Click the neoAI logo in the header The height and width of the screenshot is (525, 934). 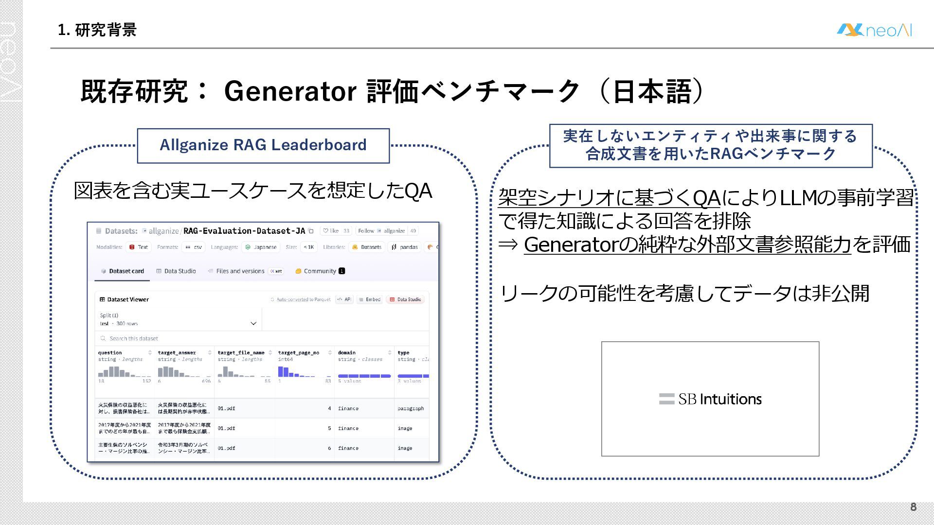point(874,30)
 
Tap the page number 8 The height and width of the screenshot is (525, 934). point(913,507)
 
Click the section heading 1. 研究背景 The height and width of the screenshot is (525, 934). point(97,30)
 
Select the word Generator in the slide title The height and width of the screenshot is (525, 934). point(290,91)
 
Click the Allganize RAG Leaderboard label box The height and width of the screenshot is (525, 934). point(263,145)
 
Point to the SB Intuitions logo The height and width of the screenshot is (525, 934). point(710,399)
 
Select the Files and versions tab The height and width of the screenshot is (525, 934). point(240,271)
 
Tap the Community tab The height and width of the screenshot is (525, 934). point(320,271)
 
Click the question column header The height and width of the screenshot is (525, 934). point(110,353)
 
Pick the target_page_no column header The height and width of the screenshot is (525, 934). point(299,353)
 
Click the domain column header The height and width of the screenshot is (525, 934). point(347,353)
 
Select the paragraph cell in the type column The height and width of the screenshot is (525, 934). point(411,409)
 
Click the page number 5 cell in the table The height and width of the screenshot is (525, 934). point(329,429)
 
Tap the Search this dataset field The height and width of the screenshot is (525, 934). point(134,339)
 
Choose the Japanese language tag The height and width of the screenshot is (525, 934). point(262,247)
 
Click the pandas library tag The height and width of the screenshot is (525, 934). point(405,247)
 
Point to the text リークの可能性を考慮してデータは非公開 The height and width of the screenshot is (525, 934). point(684,294)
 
